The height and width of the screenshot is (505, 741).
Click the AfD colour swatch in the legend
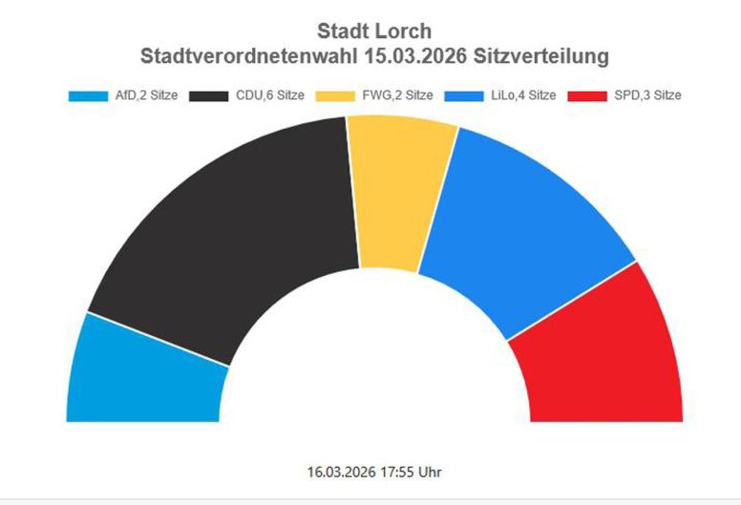click(x=88, y=96)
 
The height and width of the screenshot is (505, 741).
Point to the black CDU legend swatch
click(x=209, y=96)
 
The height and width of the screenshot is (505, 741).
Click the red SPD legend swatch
click(x=585, y=96)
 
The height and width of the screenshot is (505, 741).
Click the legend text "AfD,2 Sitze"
click(x=146, y=96)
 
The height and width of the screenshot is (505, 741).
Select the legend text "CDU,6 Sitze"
click(x=269, y=96)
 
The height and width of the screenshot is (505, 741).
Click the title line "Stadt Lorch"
click(x=374, y=32)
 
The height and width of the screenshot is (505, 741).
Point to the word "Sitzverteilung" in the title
click(x=542, y=56)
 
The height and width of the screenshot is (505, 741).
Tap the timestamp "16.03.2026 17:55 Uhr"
click(x=374, y=472)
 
